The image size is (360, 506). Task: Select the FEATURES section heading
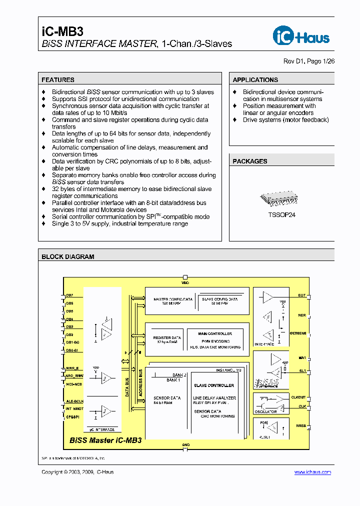[x=58, y=79]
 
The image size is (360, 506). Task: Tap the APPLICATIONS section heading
[x=255, y=79]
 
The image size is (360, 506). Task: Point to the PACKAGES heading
[x=249, y=161]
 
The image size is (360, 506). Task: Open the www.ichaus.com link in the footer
[x=312, y=472]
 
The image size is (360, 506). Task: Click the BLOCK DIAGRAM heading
[x=67, y=256]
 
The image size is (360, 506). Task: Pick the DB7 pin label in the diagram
[x=69, y=295]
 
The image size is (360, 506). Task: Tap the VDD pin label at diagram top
[x=185, y=282]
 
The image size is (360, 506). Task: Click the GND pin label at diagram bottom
[x=185, y=444]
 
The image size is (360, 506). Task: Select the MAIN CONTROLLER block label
[x=215, y=333]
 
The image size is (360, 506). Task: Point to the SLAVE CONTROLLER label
[x=213, y=385]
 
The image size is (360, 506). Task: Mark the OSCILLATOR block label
[x=265, y=411]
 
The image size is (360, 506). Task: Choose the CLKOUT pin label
[x=298, y=397]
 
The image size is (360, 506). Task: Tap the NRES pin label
[x=301, y=425]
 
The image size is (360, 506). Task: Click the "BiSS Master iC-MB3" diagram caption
[x=105, y=440]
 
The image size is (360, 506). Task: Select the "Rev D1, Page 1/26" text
[x=308, y=61]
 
